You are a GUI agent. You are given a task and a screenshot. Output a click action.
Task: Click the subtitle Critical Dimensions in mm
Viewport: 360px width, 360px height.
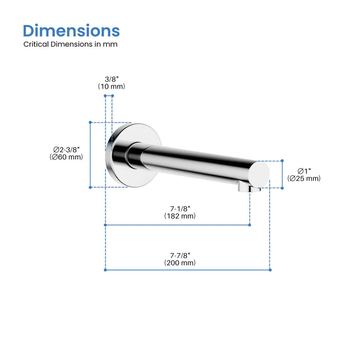70,44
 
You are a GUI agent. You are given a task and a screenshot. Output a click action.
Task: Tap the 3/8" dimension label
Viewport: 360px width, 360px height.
111,79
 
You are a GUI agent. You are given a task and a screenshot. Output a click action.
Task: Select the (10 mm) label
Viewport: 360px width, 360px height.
111,86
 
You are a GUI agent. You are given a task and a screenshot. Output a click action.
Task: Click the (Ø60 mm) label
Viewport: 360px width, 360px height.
66,157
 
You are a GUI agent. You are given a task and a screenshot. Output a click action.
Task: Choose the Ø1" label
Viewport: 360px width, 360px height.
303,171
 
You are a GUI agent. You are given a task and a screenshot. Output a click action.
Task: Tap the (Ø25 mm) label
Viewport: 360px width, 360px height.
303,178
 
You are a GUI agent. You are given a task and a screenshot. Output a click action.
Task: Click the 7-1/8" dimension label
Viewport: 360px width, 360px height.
180,208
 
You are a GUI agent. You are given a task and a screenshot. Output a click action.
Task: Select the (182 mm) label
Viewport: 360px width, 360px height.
180,216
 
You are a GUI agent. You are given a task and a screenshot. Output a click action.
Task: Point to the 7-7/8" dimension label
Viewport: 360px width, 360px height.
180,255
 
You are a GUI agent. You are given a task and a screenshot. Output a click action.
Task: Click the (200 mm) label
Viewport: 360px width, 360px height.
180,262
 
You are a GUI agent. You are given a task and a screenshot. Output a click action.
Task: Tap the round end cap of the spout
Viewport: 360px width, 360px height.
261,173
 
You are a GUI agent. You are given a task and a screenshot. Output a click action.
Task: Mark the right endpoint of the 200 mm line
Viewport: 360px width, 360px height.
270,269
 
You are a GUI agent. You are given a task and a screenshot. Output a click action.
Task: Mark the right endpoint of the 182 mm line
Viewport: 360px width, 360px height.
250,225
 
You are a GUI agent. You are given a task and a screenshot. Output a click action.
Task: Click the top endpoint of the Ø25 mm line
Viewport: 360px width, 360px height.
282,161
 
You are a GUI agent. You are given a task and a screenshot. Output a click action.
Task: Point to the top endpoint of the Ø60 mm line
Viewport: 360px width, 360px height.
90,122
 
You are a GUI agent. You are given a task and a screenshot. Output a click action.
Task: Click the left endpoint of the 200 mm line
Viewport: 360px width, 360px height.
105,269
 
